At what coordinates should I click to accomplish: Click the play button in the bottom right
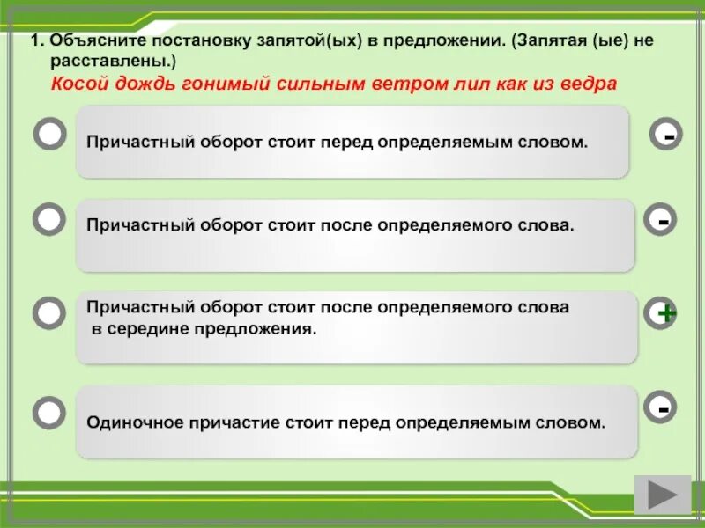click(x=663, y=495)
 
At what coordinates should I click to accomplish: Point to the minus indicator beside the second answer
click(x=662, y=220)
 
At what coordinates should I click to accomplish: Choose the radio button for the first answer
click(x=49, y=135)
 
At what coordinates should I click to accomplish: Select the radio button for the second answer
click(x=49, y=220)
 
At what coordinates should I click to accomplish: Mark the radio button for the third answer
click(x=49, y=312)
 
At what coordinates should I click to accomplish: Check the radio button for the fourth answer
click(x=49, y=412)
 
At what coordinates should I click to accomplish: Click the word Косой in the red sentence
click(x=75, y=84)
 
